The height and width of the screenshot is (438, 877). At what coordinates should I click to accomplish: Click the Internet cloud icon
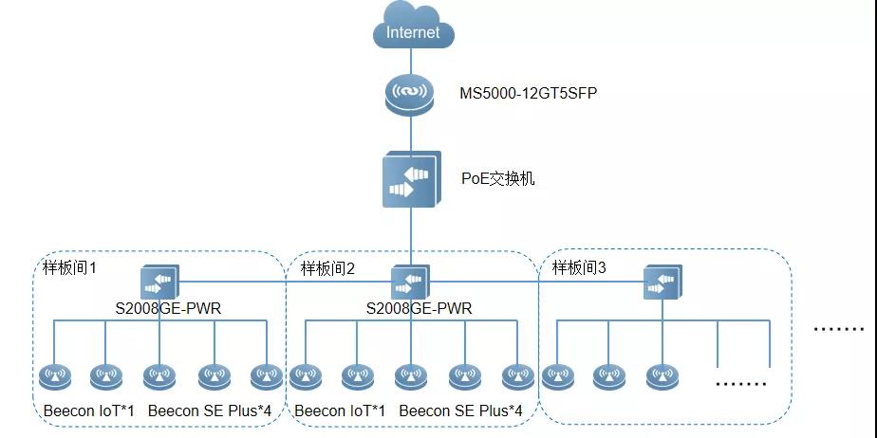click(413, 27)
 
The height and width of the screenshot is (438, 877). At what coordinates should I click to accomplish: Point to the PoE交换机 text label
click(497, 178)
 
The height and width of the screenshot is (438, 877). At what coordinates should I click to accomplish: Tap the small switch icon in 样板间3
click(662, 283)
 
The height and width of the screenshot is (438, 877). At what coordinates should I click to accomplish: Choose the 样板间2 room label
click(327, 269)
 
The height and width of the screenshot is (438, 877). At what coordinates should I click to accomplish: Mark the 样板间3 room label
click(580, 269)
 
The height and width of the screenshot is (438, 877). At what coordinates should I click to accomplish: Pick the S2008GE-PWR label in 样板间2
click(419, 308)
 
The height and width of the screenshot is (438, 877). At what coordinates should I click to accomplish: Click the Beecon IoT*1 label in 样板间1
click(89, 411)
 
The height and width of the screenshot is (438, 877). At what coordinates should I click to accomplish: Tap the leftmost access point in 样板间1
click(54, 377)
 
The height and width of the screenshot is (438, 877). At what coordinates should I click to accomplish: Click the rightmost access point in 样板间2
click(517, 377)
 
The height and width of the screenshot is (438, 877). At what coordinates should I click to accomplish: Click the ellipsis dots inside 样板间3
click(739, 383)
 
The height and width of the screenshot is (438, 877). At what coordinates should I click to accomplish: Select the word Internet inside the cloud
click(413, 32)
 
